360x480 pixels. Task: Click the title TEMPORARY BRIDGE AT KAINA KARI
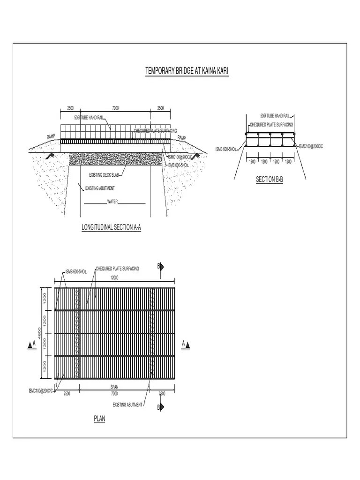pyautogui.click(x=187, y=71)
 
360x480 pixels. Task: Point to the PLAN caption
pyautogui.click(x=99, y=419)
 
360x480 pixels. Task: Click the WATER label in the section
pyautogui.click(x=112, y=202)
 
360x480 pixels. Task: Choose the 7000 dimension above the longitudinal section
pyautogui.click(x=115, y=108)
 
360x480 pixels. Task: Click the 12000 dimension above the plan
pyautogui.click(x=115, y=277)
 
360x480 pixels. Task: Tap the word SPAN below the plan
pyautogui.click(x=114, y=388)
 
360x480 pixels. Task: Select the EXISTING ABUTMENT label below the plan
pyautogui.click(x=127, y=404)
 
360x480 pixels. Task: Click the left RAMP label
pyautogui.click(x=51, y=136)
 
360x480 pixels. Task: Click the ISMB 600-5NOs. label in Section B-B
pyautogui.click(x=226, y=149)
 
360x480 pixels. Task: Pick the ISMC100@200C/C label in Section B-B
pyautogui.click(x=311, y=146)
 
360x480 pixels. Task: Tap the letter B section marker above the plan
pyautogui.click(x=158, y=266)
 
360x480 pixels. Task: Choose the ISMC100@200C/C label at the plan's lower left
pyautogui.click(x=41, y=390)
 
